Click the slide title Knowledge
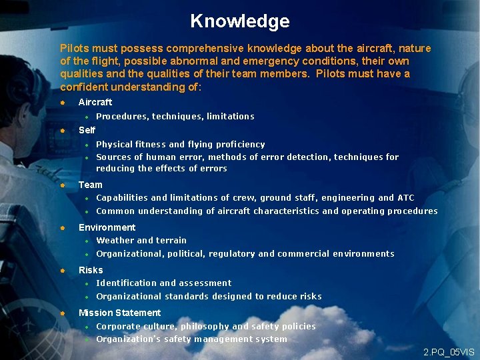click(x=239, y=21)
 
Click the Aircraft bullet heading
click(x=95, y=102)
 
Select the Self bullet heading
click(x=87, y=130)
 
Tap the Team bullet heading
click(x=91, y=185)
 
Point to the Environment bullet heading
click(x=107, y=227)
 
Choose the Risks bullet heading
click(x=91, y=270)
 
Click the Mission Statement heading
click(x=119, y=313)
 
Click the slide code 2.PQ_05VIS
click(x=449, y=351)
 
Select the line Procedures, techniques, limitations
click(x=175, y=117)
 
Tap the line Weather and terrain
click(x=141, y=241)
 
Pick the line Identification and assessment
click(x=163, y=283)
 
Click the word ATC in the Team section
click(x=405, y=198)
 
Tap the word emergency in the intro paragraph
click(x=253, y=61)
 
